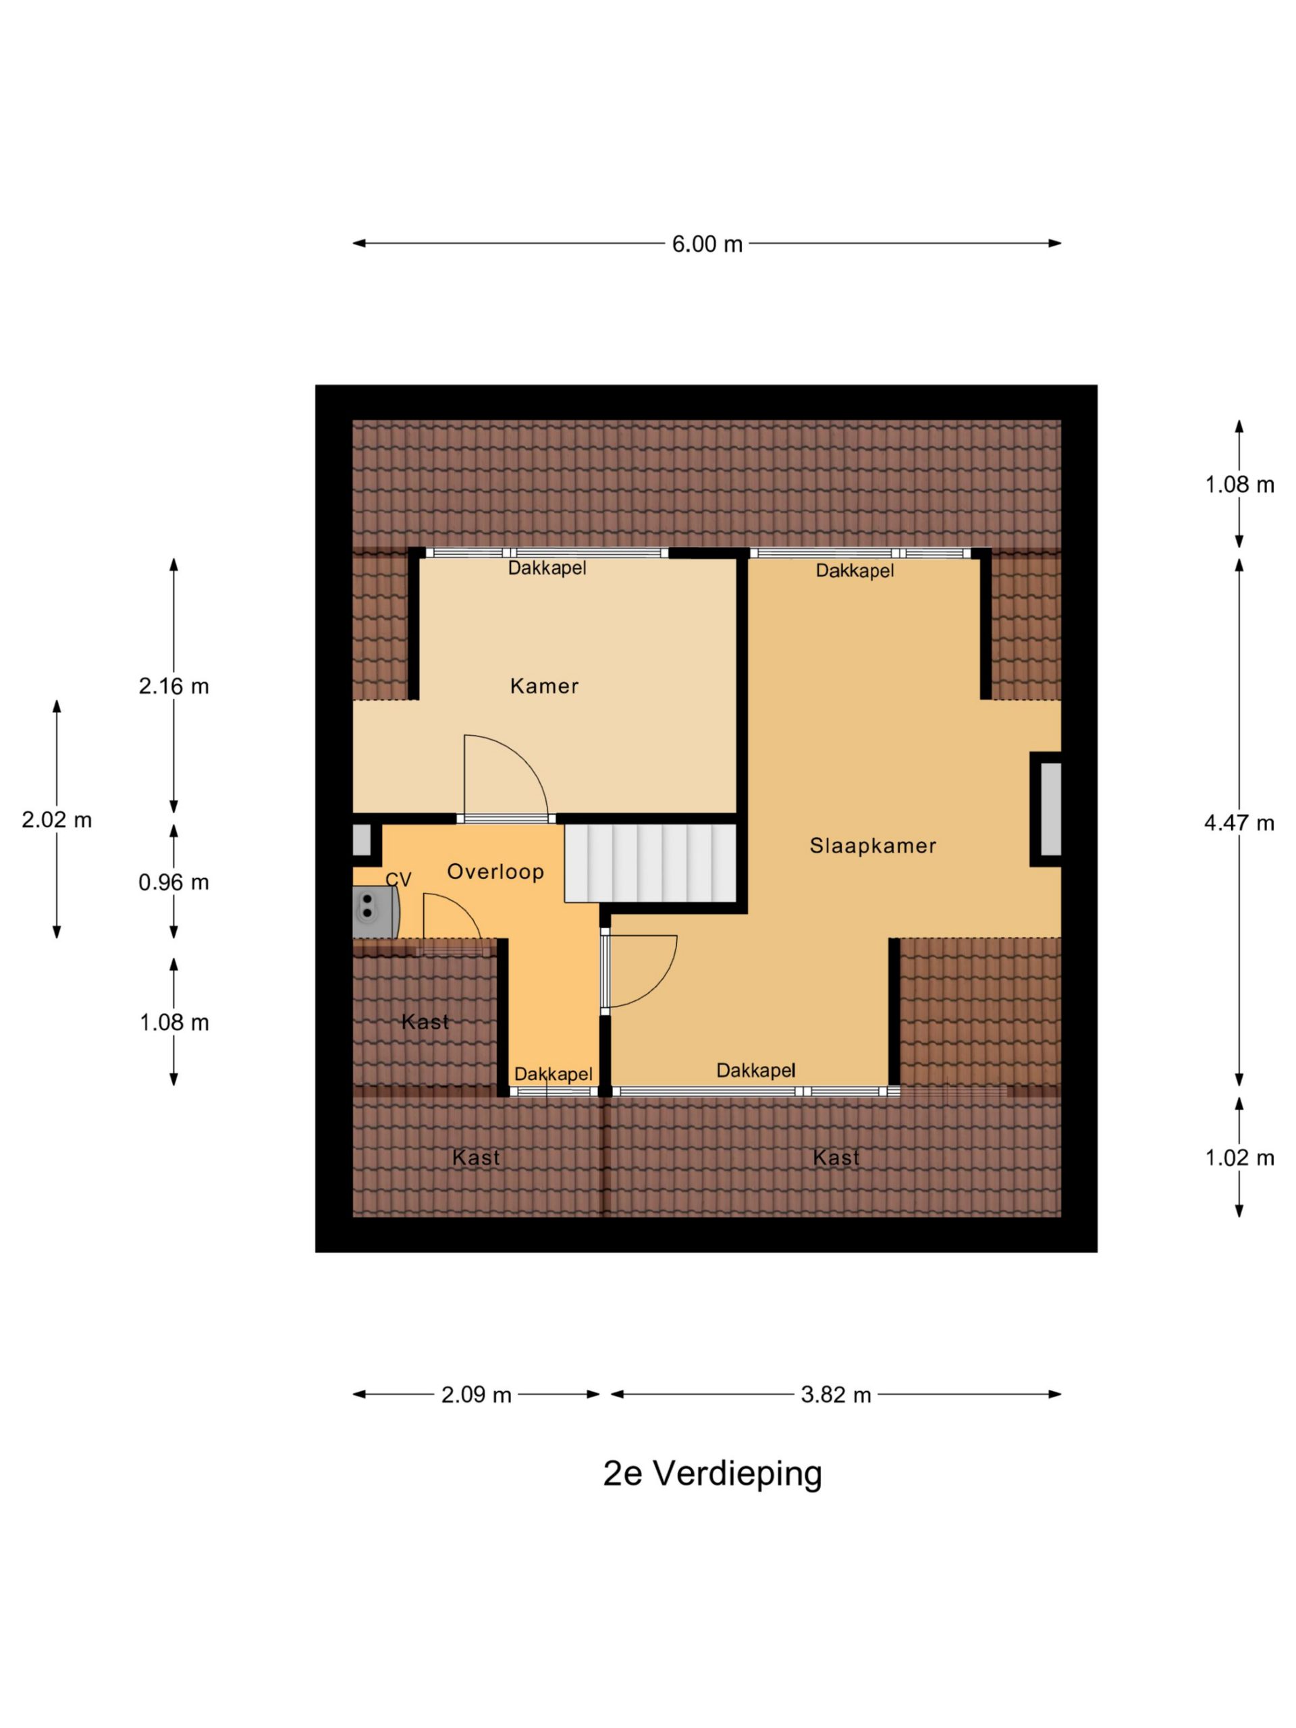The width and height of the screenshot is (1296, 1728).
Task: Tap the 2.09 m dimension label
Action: point(476,1395)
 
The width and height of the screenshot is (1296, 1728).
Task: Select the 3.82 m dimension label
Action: point(836,1395)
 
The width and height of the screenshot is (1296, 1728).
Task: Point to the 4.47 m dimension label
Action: point(1239,823)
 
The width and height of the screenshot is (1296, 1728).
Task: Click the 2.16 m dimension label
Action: point(173,686)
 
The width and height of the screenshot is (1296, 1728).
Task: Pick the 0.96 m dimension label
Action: point(173,882)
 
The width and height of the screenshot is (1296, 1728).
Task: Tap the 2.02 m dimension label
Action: point(56,819)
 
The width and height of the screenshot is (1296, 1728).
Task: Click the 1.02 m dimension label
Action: point(1239,1158)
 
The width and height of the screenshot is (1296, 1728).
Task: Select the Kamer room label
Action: point(545,686)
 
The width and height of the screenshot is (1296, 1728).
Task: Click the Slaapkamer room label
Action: point(873,845)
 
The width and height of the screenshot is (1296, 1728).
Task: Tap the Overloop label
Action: point(495,872)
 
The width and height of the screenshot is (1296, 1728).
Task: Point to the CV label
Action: point(398,880)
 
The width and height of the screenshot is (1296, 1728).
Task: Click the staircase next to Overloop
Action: point(651,863)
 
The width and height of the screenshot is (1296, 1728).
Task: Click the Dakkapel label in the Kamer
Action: point(547,568)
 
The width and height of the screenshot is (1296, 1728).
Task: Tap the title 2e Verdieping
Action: point(712,1474)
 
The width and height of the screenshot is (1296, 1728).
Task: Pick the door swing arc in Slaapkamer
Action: point(661,983)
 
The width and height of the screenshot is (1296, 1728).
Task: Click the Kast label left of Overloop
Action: point(425,1022)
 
